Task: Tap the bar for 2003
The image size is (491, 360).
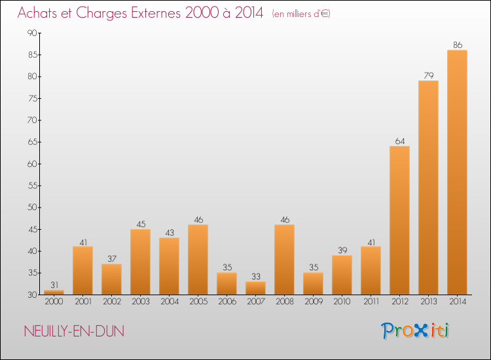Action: click(140, 262)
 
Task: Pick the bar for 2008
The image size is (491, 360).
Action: click(284, 259)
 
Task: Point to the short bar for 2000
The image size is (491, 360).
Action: click(54, 292)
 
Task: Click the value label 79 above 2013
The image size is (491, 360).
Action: click(428, 76)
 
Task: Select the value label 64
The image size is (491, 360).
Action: click(399, 141)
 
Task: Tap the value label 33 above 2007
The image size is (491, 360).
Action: click(255, 277)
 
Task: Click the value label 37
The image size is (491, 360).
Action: click(111, 259)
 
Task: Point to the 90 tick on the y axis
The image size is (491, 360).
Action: click(32, 33)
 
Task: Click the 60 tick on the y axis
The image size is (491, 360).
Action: click(32, 164)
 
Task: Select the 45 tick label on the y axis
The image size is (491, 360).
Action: click(32, 229)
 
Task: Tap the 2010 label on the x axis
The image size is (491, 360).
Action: click(342, 302)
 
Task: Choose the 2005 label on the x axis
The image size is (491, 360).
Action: click(198, 302)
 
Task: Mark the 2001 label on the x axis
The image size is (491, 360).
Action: click(82, 302)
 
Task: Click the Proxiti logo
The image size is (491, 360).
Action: click(415, 331)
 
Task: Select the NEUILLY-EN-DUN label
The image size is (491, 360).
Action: click(73, 331)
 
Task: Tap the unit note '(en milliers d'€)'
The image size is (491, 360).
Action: click(300, 14)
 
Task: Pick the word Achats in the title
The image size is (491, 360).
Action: click(38, 13)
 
